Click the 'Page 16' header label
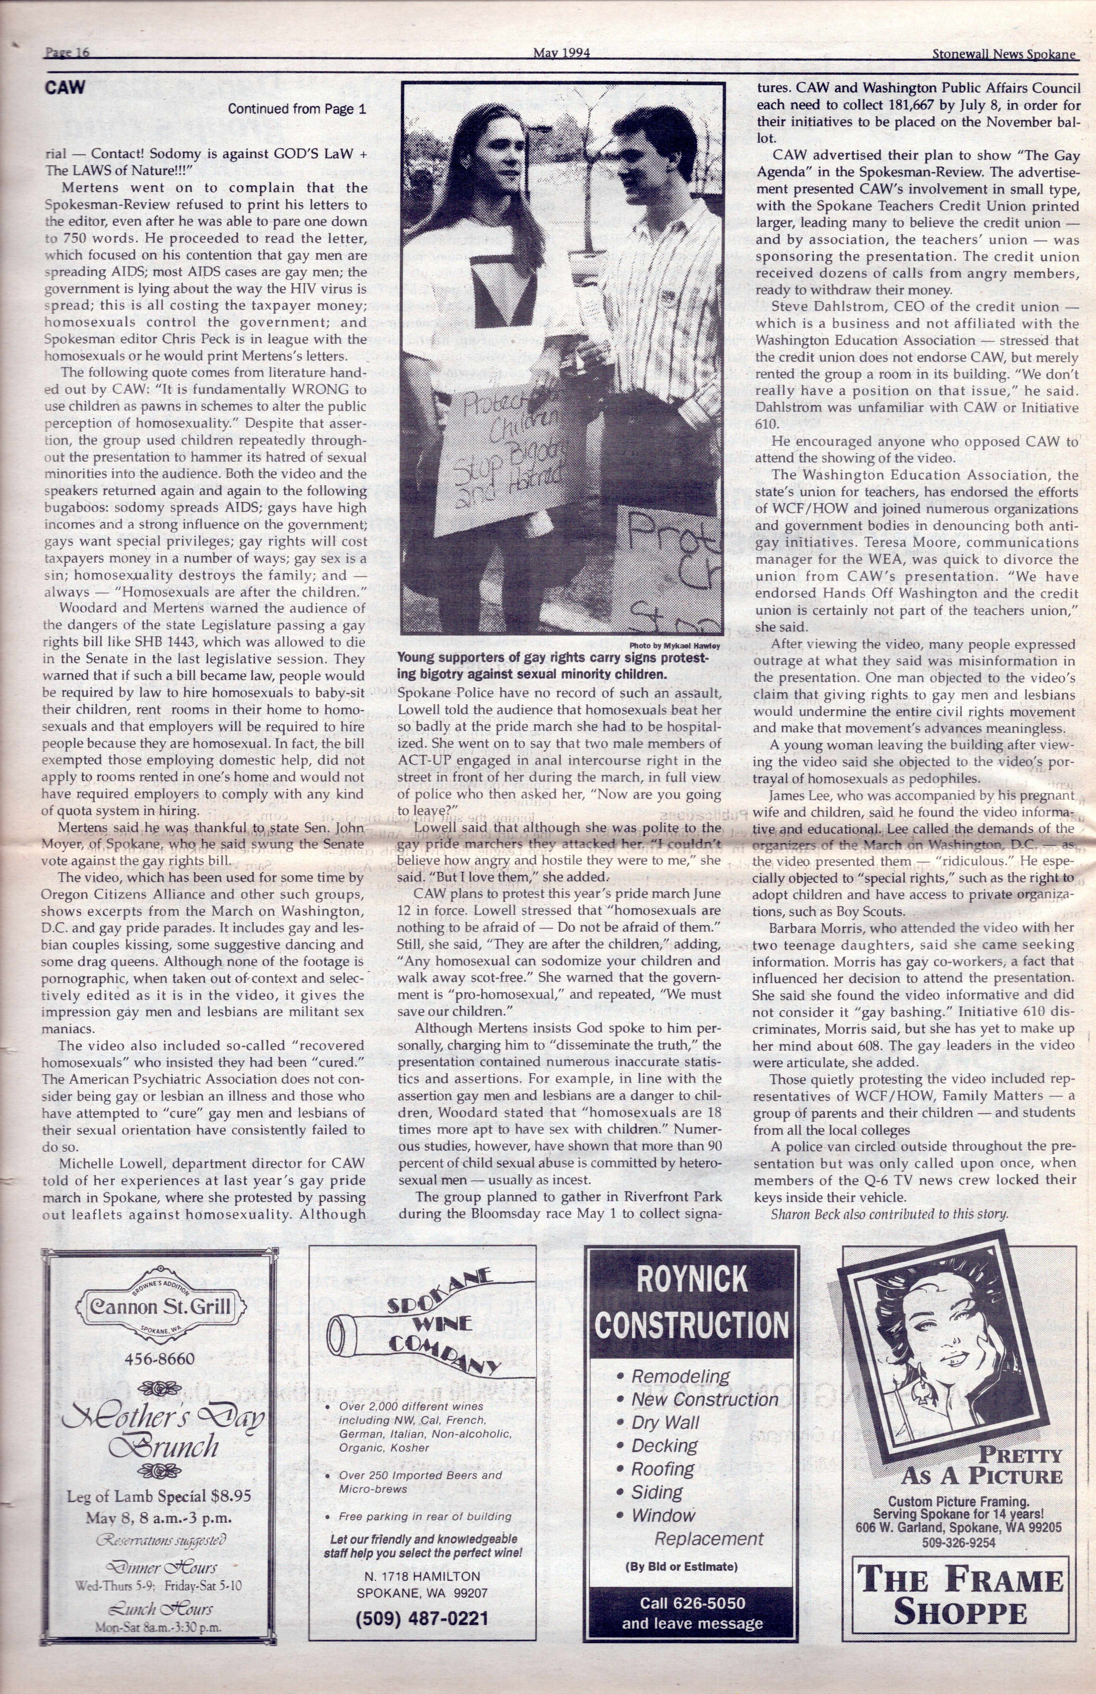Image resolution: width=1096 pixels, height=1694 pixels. click(x=66, y=53)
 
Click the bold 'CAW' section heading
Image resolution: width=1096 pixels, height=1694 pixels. click(x=65, y=88)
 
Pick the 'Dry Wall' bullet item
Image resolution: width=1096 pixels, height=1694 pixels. click(x=666, y=1423)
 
